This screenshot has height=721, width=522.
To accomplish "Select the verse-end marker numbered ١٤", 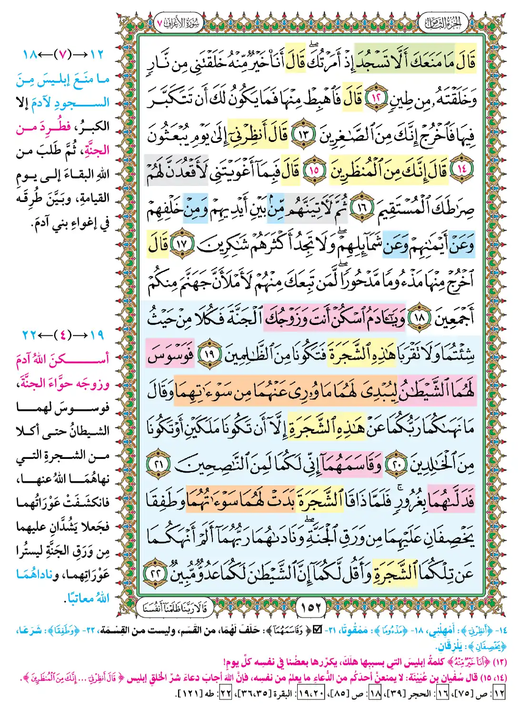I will point(461,169).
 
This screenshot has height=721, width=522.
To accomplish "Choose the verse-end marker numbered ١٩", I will point(209,353).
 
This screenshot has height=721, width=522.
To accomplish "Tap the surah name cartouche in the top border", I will point(180,23).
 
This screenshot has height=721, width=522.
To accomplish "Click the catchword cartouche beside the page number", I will point(175,607).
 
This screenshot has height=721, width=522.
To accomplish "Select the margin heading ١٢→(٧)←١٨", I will point(63,54).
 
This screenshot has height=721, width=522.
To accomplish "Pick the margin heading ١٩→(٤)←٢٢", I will point(63,335).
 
